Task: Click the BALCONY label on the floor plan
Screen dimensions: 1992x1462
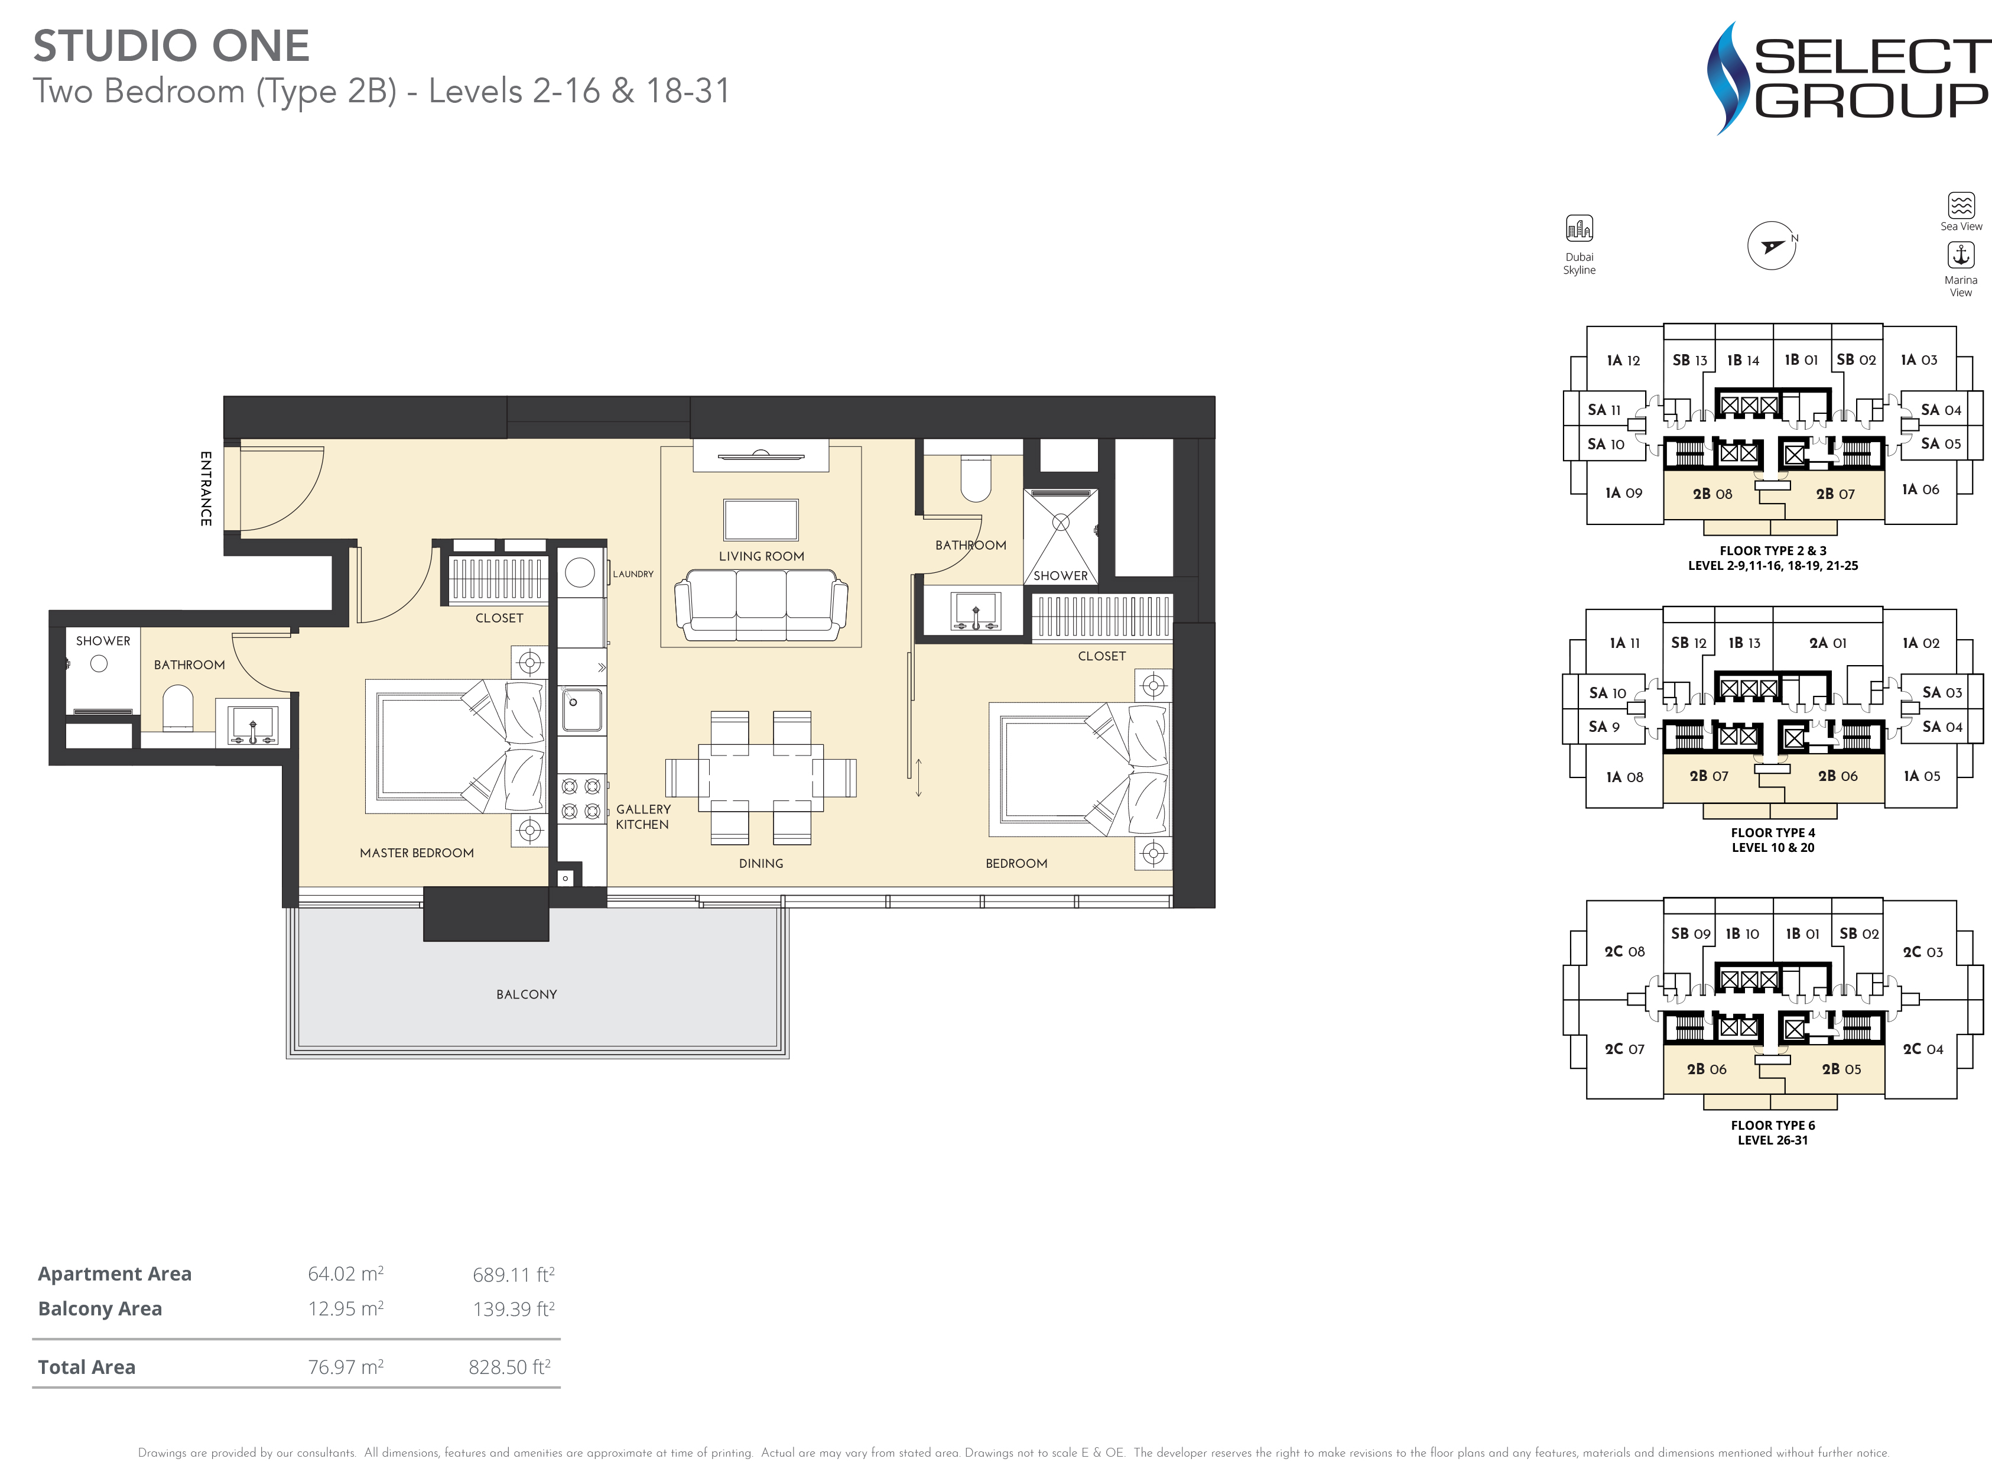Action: coord(527,994)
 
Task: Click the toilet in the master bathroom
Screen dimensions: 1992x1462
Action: coord(178,709)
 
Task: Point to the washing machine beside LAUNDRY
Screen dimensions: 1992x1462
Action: coord(579,573)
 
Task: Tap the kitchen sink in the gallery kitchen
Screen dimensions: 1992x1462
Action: coord(581,709)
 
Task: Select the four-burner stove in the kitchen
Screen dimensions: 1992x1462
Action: coord(581,798)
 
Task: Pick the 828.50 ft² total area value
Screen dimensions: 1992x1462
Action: coord(509,1366)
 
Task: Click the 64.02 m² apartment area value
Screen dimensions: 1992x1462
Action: coord(345,1273)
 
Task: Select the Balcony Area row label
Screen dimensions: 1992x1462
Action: coord(100,1308)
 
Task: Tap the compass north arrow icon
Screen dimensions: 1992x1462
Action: coord(1772,246)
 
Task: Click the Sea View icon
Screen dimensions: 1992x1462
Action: coord(1961,205)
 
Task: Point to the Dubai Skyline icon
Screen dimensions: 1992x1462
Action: coord(1579,228)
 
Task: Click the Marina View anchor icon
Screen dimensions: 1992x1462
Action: coord(1961,255)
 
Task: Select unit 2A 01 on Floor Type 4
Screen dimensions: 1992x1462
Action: coord(1828,643)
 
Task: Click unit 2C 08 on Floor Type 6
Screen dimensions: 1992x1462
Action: coord(1624,951)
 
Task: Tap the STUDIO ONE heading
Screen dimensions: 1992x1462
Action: coord(171,46)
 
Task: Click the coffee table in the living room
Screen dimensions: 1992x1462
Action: coord(761,520)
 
